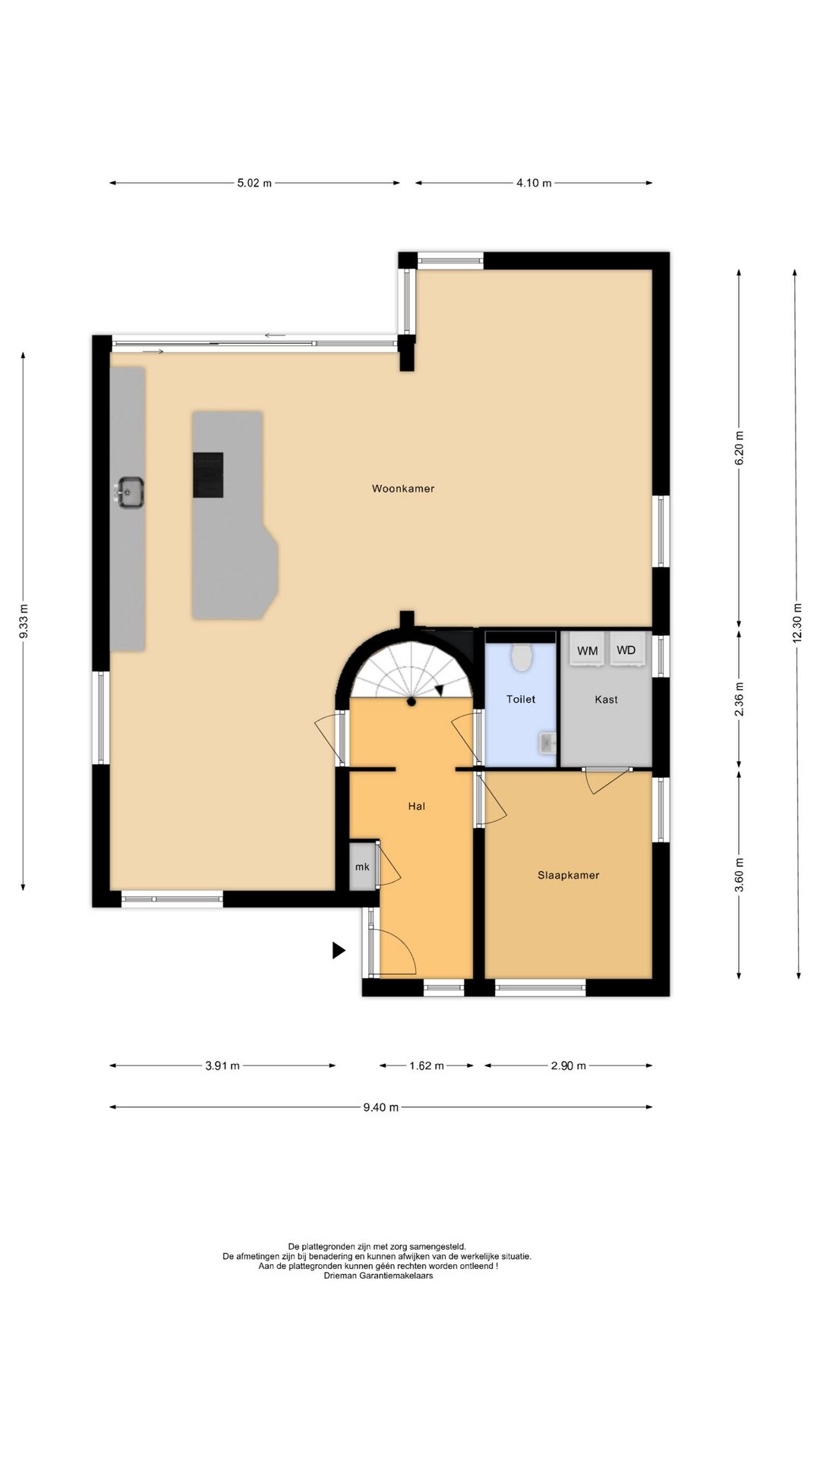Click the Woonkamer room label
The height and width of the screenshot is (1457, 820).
pyautogui.click(x=403, y=489)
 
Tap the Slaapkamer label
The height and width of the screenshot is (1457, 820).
pyautogui.click(x=569, y=875)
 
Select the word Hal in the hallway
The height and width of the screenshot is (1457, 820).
pyautogui.click(x=416, y=806)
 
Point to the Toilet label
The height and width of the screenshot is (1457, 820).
pyautogui.click(x=521, y=699)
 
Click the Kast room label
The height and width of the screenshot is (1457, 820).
pyautogui.click(x=606, y=699)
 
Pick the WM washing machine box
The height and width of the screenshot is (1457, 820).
pyautogui.click(x=588, y=650)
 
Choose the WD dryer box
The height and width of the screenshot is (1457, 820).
pyautogui.click(x=626, y=650)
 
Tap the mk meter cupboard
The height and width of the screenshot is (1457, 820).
pyautogui.click(x=363, y=866)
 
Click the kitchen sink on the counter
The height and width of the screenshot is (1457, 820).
pyautogui.click(x=130, y=492)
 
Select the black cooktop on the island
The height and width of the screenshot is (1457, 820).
pyautogui.click(x=208, y=475)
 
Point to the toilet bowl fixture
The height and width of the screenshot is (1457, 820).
pyautogui.click(x=521, y=657)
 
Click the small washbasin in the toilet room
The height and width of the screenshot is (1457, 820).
pyautogui.click(x=547, y=744)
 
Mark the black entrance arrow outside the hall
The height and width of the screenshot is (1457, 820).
pyautogui.click(x=339, y=950)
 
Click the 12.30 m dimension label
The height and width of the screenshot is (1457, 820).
pyautogui.click(x=797, y=623)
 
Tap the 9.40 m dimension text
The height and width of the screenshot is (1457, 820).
pyautogui.click(x=380, y=1107)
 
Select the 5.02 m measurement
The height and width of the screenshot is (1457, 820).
pyautogui.click(x=254, y=183)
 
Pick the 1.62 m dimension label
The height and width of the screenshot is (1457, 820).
pyautogui.click(x=427, y=1065)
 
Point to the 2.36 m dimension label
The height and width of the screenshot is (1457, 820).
pyautogui.click(x=740, y=699)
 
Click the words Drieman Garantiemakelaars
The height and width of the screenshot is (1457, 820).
pyautogui.click(x=377, y=1276)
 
